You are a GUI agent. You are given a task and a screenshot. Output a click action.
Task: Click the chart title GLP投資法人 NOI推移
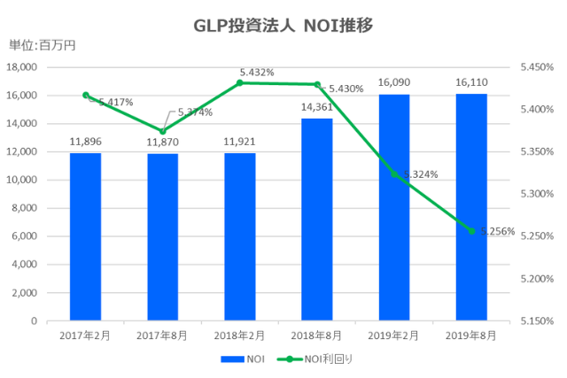[283, 25]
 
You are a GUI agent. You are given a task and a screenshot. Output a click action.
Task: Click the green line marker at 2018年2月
[240, 82]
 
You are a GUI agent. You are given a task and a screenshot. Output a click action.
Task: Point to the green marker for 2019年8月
[471, 231]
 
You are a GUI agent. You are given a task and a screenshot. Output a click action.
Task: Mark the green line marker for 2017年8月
[163, 131]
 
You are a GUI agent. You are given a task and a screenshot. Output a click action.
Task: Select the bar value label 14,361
[317, 105]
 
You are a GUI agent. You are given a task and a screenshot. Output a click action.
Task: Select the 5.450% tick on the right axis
[537, 67]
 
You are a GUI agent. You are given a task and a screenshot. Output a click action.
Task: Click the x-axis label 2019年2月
[394, 336]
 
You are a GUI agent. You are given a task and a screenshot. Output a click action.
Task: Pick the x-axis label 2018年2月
[240, 336]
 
